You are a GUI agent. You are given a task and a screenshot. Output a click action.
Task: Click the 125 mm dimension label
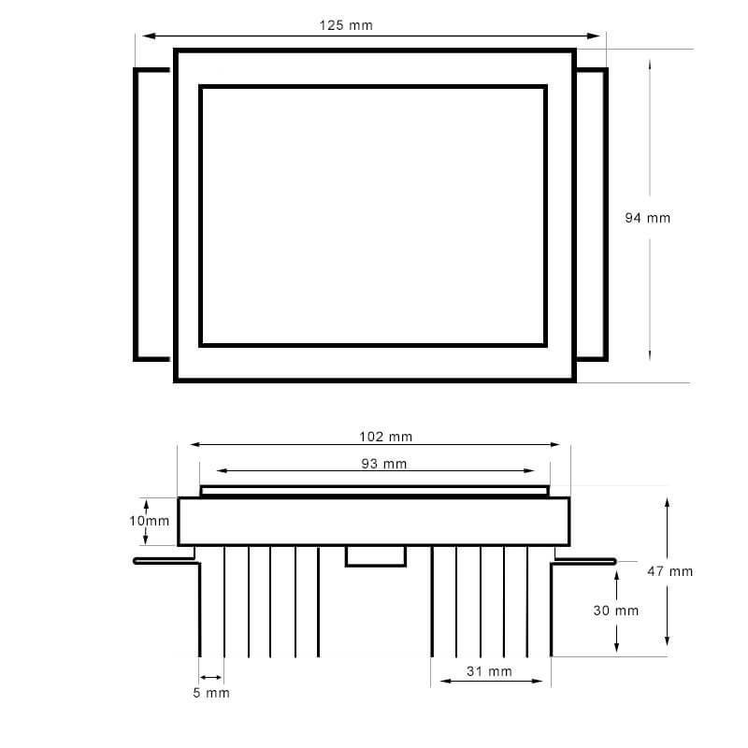click(x=346, y=25)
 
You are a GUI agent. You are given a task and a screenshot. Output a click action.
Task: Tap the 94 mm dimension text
click(x=647, y=218)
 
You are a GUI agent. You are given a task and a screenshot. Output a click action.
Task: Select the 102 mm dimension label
click(x=385, y=437)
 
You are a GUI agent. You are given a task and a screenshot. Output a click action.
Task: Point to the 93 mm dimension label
click(x=384, y=464)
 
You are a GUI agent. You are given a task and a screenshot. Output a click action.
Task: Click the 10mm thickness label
click(x=150, y=521)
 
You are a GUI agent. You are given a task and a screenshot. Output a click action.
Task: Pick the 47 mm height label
click(x=669, y=571)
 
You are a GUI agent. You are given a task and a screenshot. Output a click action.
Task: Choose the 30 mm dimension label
click(x=616, y=611)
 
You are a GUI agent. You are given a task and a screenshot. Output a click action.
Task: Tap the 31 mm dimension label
click(x=489, y=671)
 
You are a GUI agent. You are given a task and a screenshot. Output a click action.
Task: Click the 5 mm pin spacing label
click(x=211, y=693)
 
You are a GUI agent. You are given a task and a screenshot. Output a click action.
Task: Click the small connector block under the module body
click(x=376, y=556)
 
